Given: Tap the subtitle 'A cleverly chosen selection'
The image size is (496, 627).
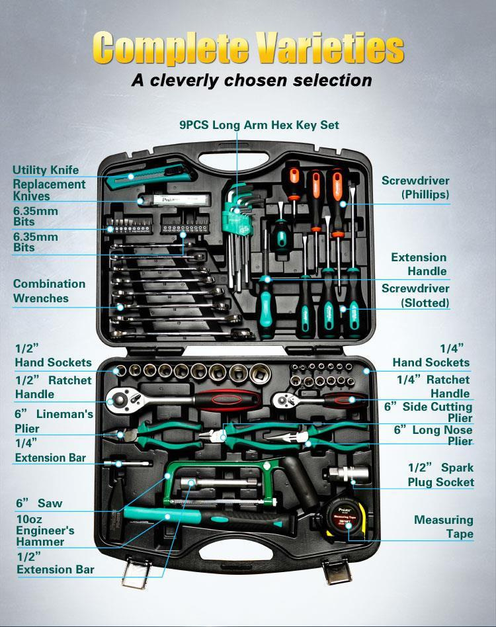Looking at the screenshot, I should point(251,80).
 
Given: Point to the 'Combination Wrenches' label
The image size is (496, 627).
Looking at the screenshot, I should point(49,291).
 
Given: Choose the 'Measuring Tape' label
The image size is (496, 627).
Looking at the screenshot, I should point(444,526).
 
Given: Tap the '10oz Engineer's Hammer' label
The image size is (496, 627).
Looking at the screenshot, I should point(45,530).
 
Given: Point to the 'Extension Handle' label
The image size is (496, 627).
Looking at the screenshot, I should point(419,264).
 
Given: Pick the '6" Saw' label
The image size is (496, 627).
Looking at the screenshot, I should point(39,503).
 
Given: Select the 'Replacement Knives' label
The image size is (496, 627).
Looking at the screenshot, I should point(49,190).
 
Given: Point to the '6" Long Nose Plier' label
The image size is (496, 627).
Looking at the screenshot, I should point(433,435).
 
